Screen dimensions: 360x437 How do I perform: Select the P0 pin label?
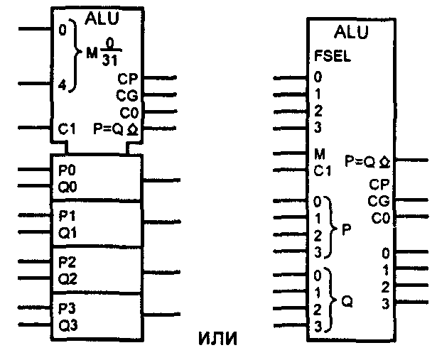click(x=68, y=171)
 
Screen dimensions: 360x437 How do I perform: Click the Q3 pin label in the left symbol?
click(x=68, y=325)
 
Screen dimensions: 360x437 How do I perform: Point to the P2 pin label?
click(x=68, y=262)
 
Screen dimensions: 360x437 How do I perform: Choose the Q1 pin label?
click(x=68, y=231)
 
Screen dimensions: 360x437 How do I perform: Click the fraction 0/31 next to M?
click(x=109, y=53)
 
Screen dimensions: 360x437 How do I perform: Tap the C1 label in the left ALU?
click(x=67, y=129)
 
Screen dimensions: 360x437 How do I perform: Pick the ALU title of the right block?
click(x=353, y=32)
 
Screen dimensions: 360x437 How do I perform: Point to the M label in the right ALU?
click(x=319, y=153)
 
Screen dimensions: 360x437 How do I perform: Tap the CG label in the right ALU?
click(x=378, y=201)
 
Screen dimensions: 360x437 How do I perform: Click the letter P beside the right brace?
click(x=346, y=232)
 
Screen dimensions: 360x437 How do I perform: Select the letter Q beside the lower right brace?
click(x=347, y=301)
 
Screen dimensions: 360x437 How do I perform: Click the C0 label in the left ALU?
click(x=128, y=111)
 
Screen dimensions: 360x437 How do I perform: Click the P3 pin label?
click(x=68, y=309)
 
